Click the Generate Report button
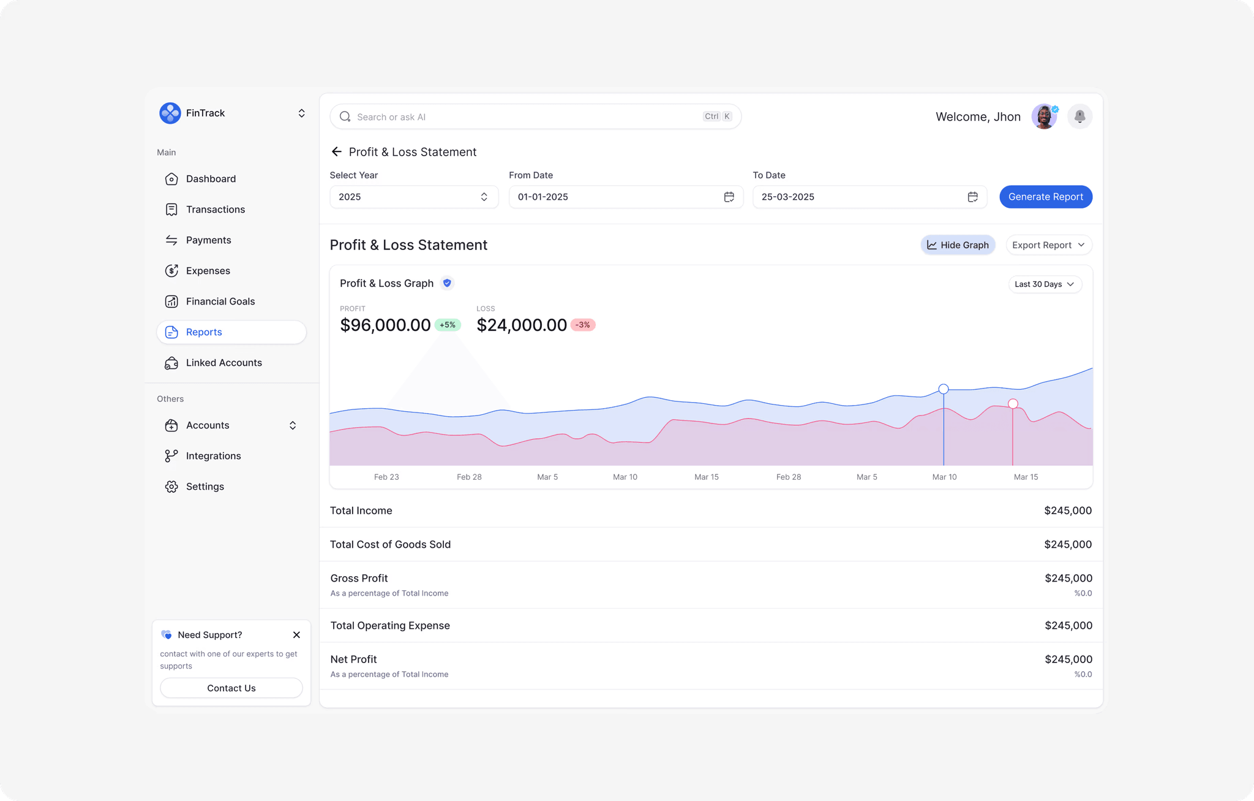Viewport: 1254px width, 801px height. (1045, 197)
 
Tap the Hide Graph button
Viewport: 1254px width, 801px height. (958, 245)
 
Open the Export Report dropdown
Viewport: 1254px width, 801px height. (1048, 245)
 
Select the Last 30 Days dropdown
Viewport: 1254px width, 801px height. (1045, 284)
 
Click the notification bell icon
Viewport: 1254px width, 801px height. (1079, 116)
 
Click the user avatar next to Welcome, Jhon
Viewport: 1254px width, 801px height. (1044, 116)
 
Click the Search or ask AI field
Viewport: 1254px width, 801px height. (527, 117)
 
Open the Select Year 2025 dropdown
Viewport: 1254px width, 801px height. (414, 197)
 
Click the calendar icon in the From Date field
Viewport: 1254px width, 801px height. (729, 197)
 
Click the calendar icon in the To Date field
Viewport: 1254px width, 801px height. (972, 197)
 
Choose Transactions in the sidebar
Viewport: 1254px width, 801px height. (215, 210)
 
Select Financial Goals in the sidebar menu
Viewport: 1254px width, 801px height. (220, 302)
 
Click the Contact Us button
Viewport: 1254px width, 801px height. (231, 688)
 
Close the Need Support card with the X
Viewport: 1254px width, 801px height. (296, 635)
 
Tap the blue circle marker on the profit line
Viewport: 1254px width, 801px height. (944, 389)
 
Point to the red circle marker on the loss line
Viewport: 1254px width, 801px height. (1013, 404)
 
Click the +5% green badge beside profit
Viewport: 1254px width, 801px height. (448, 325)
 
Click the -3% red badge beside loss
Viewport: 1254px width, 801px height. (583, 325)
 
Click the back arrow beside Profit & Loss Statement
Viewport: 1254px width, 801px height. (336, 152)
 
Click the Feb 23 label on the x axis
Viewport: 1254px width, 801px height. (386, 477)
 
